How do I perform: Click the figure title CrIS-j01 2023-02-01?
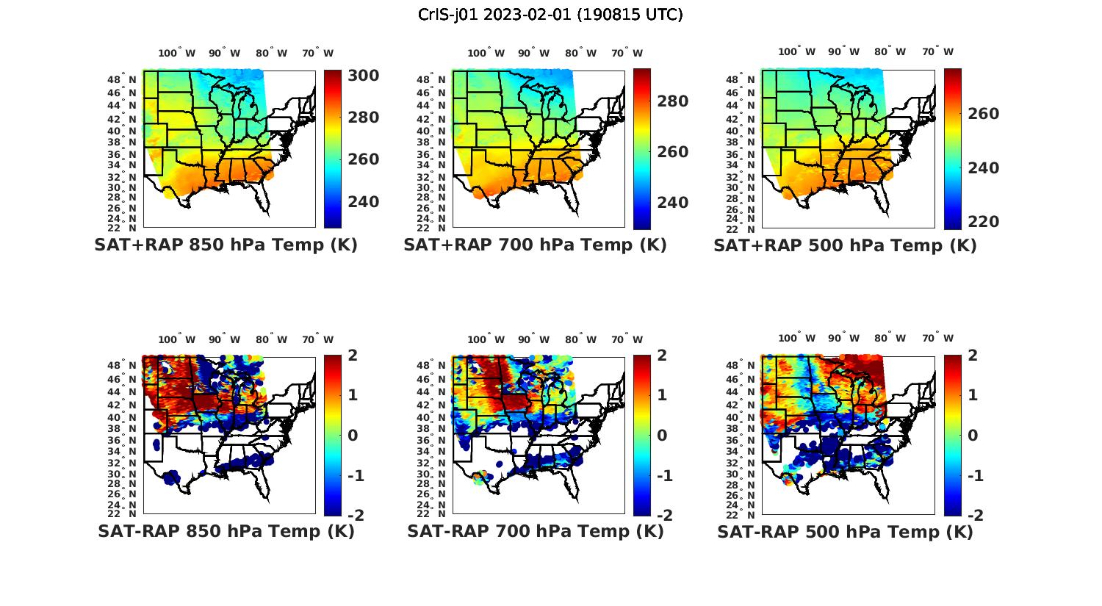550,14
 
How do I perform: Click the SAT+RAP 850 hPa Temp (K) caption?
226,245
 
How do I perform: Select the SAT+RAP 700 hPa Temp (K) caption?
535,245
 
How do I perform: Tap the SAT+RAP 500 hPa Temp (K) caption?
845,245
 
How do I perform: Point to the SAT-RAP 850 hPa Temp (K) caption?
226,531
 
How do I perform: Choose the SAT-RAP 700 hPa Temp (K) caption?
535,531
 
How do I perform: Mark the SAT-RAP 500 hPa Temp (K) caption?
845,531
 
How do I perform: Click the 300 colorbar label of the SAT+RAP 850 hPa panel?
363,76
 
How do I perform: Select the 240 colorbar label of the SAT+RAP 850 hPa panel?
363,201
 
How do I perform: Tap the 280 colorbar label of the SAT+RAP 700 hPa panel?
672,101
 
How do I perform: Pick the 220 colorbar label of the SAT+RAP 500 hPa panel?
982,221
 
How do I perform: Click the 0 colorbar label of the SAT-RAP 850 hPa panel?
352,435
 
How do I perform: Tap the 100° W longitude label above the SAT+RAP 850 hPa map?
177,53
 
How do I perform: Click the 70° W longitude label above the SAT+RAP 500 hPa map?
937,51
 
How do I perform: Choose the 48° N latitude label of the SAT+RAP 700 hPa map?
427,79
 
